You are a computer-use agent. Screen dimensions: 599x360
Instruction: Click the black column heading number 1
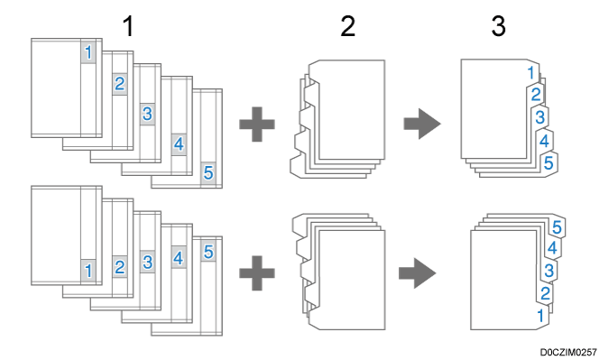click(129, 26)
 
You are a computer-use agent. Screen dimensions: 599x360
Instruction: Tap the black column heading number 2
click(347, 26)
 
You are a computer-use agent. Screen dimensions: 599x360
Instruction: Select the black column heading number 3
click(499, 26)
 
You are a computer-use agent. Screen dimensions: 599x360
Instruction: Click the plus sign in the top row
click(257, 125)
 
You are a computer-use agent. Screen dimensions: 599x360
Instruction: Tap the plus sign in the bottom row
click(257, 272)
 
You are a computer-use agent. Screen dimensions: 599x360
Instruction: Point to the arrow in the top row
click(422, 124)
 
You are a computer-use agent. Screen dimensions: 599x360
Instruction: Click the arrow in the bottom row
click(417, 272)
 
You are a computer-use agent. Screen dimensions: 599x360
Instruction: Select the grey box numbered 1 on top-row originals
click(88, 52)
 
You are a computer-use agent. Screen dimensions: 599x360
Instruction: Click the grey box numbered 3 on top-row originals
click(147, 114)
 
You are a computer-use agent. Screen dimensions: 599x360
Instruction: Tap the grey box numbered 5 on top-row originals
click(208, 172)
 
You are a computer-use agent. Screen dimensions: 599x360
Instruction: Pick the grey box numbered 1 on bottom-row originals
click(88, 271)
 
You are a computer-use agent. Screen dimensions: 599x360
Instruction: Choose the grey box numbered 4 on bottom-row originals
click(179, 257)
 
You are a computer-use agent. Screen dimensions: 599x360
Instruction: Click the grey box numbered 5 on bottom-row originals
click(208, 251)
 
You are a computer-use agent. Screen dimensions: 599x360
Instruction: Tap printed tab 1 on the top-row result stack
click(531, 72)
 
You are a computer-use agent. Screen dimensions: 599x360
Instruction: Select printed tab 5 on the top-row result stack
click(548, 163)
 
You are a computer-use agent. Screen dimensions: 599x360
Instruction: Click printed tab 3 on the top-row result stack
click(539, 117)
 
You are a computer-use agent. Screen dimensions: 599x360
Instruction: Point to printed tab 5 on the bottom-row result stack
click(557, 227)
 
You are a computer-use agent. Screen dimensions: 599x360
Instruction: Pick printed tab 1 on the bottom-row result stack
click(540, 316)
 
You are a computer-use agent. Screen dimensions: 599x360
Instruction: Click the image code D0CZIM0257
click(568, 353)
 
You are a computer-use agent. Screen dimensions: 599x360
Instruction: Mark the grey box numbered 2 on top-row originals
click(120, 84)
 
